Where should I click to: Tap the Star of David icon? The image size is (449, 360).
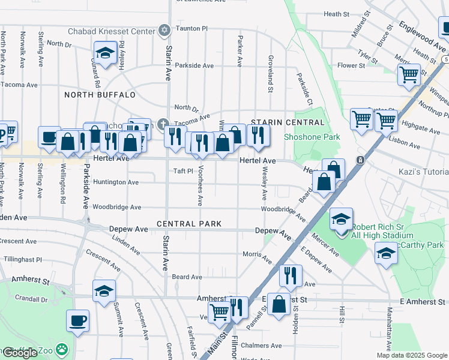point(164,30)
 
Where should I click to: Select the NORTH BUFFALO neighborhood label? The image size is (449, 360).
point(100,95)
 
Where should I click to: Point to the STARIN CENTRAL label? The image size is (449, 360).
point(288,122)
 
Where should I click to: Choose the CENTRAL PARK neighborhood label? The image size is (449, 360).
point(189,224)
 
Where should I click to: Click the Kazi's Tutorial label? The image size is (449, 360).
point(423,172)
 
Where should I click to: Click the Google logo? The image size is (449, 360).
point(20,352)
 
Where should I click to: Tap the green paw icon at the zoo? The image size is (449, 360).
point(62,349)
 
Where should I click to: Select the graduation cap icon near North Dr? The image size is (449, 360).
point(105,53)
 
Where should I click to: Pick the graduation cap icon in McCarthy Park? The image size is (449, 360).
point(385,254)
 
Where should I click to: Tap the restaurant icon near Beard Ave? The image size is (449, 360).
point(290,275)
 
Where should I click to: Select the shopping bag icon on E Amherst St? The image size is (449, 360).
point(279,304)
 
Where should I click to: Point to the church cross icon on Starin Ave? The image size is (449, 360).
point(162,125)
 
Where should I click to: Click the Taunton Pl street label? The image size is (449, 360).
point(191,28)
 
